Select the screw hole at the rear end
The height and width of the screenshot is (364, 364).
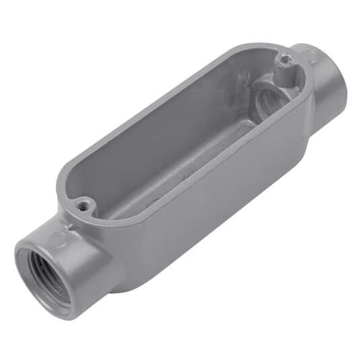coord(285,59)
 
